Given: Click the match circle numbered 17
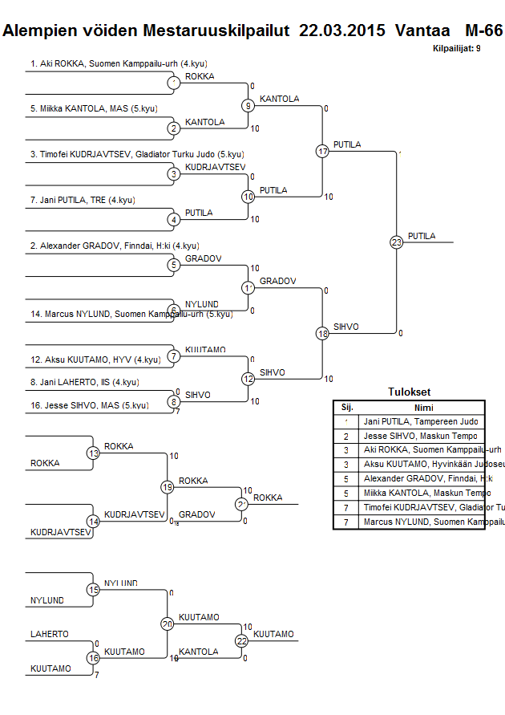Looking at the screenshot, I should click(x=323, y=151).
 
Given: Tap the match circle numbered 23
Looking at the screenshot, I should click(x=396, y=242).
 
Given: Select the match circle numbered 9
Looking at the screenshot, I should click(x=248, y=105).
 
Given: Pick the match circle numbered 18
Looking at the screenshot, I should click(x=323, y=333).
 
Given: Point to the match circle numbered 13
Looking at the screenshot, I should click(x=93, y=453).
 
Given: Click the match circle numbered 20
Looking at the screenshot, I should click(x=168, y=624).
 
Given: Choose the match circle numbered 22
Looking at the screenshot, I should click(x=242, y=640).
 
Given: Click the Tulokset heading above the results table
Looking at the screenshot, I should click(x=409, y=392).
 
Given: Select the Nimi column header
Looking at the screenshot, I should click(x=423, y=407).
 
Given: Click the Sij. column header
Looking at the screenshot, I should click(x=347, y=407).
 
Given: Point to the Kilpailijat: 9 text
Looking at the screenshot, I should click(x=456, y=49).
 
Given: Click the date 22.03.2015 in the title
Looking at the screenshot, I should click(x=343, y=30).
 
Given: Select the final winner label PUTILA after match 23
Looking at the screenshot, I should click(x=422, y=236).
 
